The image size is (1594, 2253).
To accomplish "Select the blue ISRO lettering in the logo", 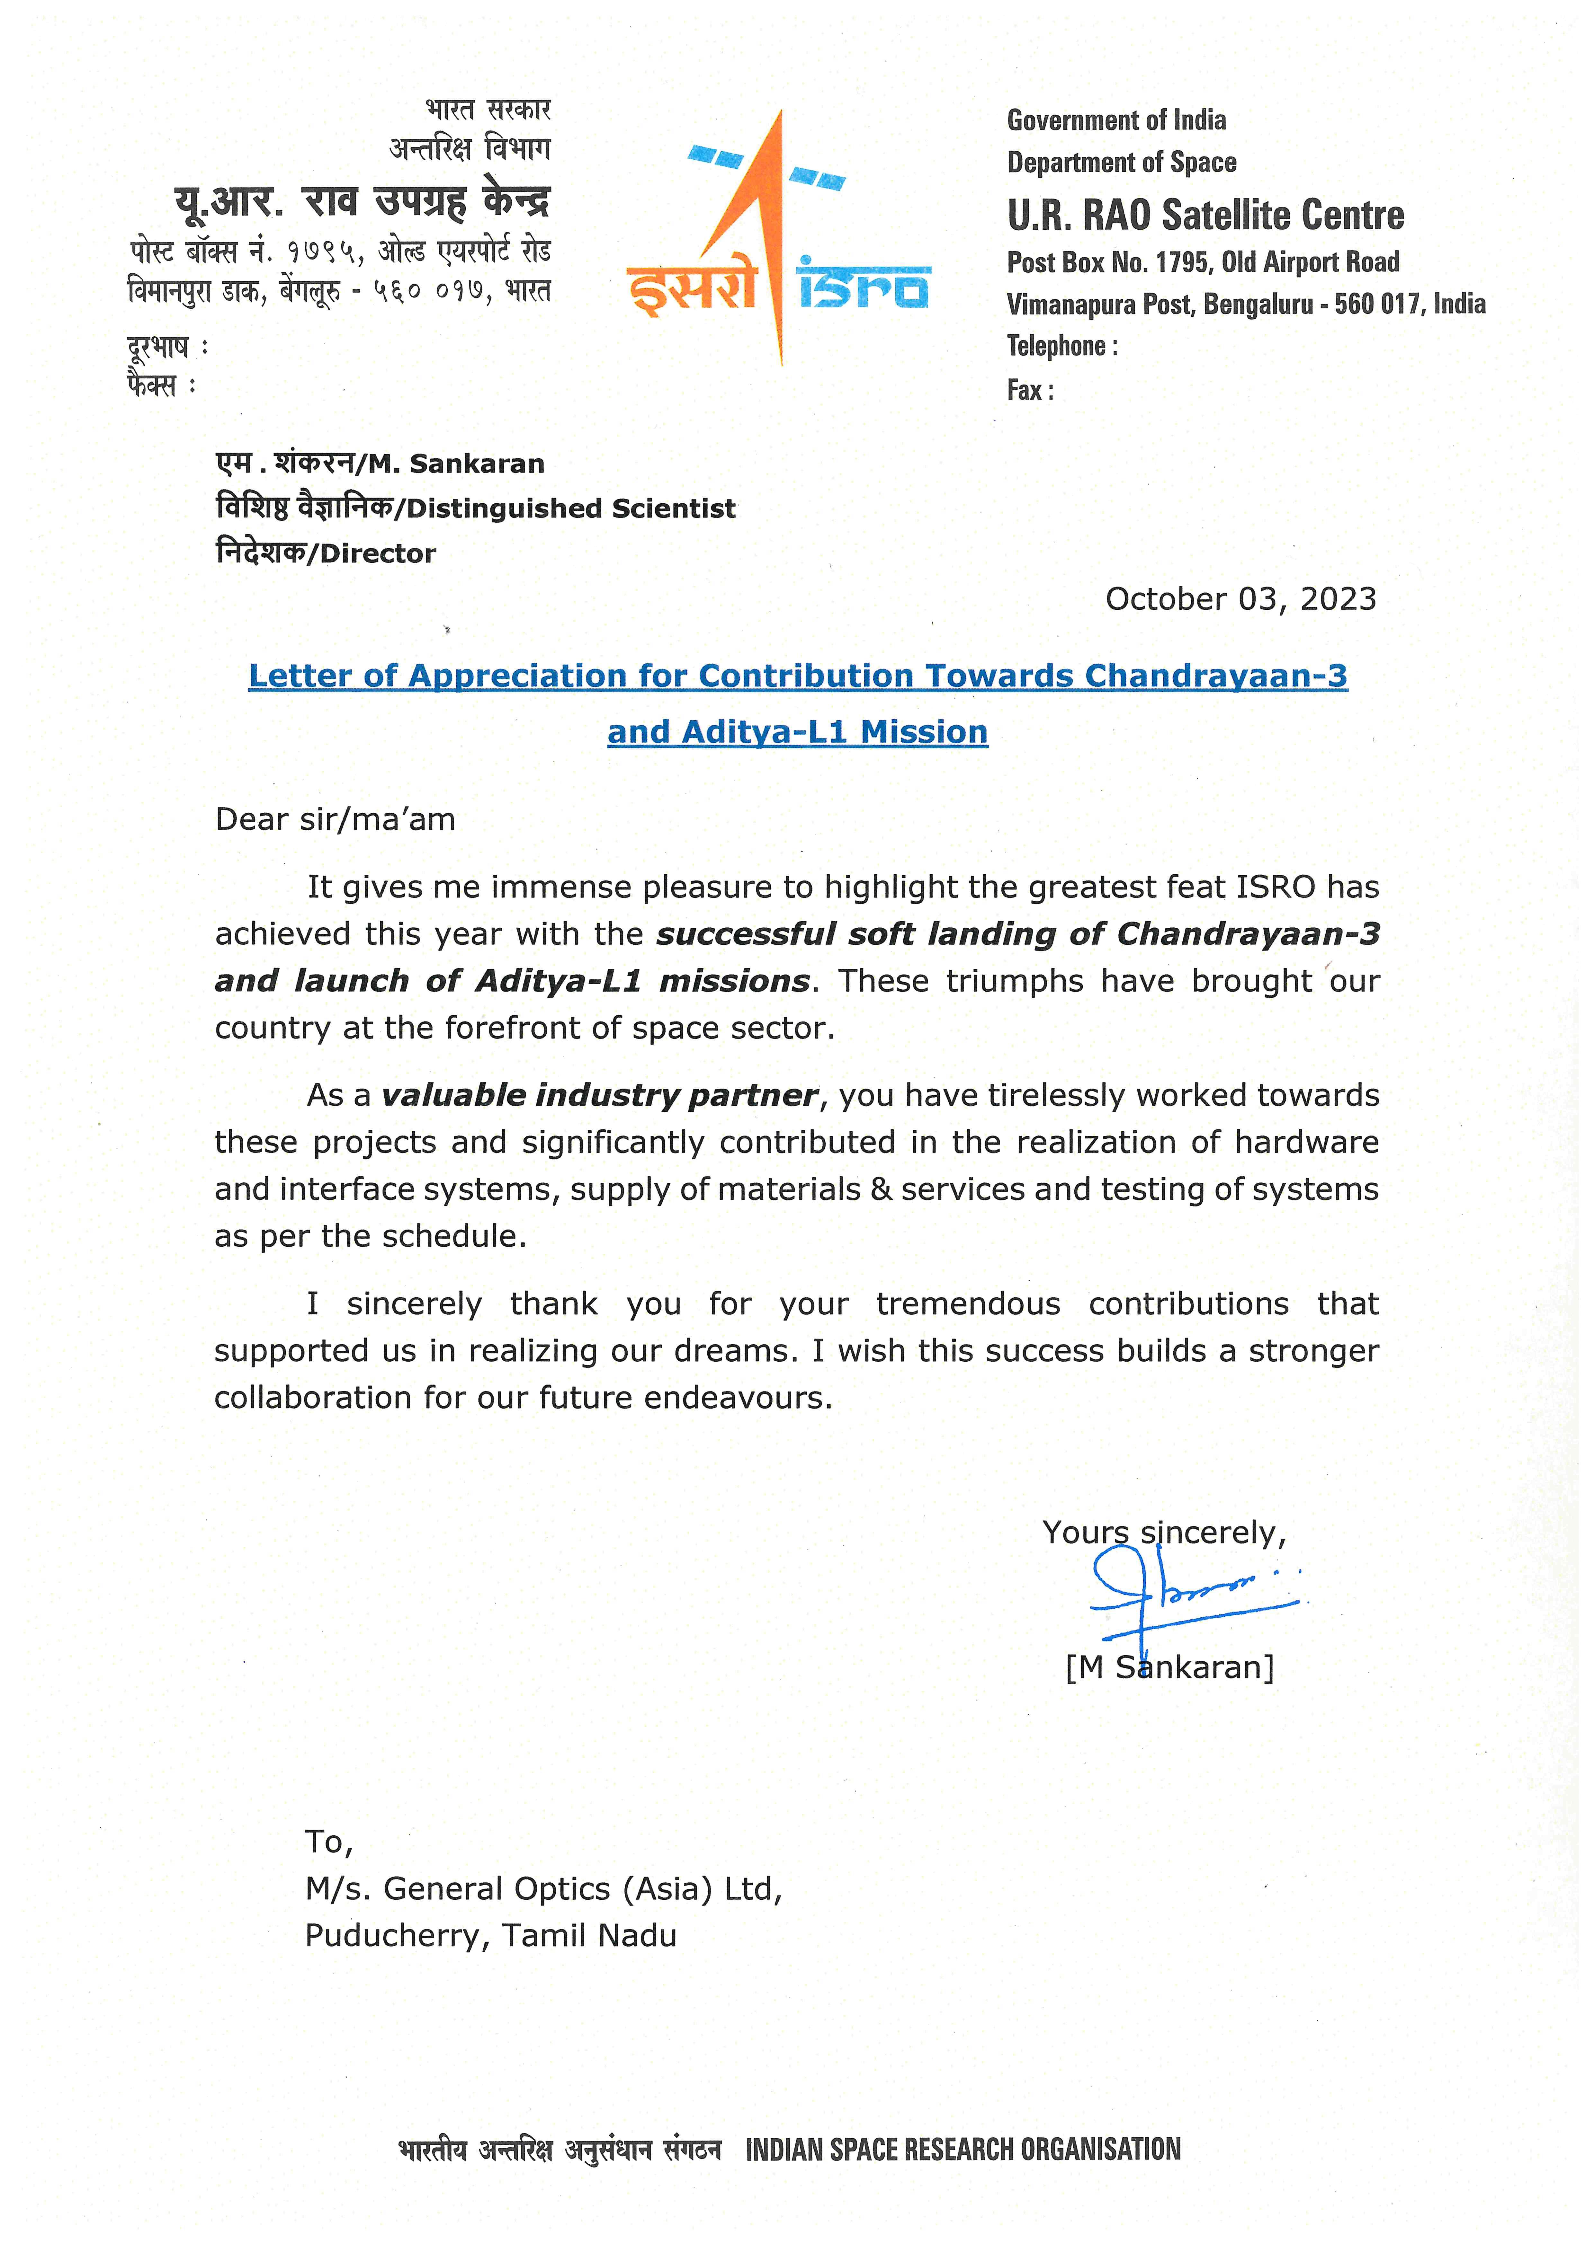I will coord(864,286).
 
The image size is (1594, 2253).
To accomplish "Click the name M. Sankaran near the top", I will coord(456,464).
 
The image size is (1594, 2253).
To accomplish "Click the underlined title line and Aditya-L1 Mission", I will coord(797,732).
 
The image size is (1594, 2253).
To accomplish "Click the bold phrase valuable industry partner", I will coord(599,1095).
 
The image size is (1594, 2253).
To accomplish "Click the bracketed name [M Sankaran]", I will coord(1169,1667).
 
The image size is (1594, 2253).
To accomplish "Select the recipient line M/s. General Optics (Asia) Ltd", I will coord(543,1889).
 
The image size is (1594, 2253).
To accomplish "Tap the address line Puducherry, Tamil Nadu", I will coord(491,1936).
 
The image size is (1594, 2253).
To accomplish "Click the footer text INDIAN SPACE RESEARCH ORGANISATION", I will coord(963,2150).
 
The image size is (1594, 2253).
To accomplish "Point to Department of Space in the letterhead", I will coord(1121,163).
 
